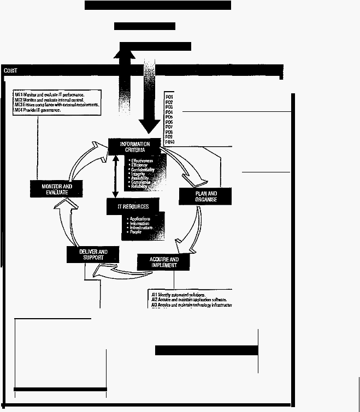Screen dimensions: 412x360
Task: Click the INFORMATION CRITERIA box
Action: tap(134, 147)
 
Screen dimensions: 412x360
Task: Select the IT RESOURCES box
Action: tap(127, 206)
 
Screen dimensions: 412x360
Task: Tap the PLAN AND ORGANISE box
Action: tap(205, 196)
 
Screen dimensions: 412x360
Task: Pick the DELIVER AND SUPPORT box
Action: tap(93, 254)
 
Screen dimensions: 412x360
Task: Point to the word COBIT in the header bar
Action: tap(10, 70)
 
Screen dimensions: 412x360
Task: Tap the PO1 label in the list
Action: tap(169, 97)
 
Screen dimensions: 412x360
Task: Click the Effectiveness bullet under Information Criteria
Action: tap(141, 160)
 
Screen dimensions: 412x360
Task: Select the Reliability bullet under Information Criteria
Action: tap(139, 187)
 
